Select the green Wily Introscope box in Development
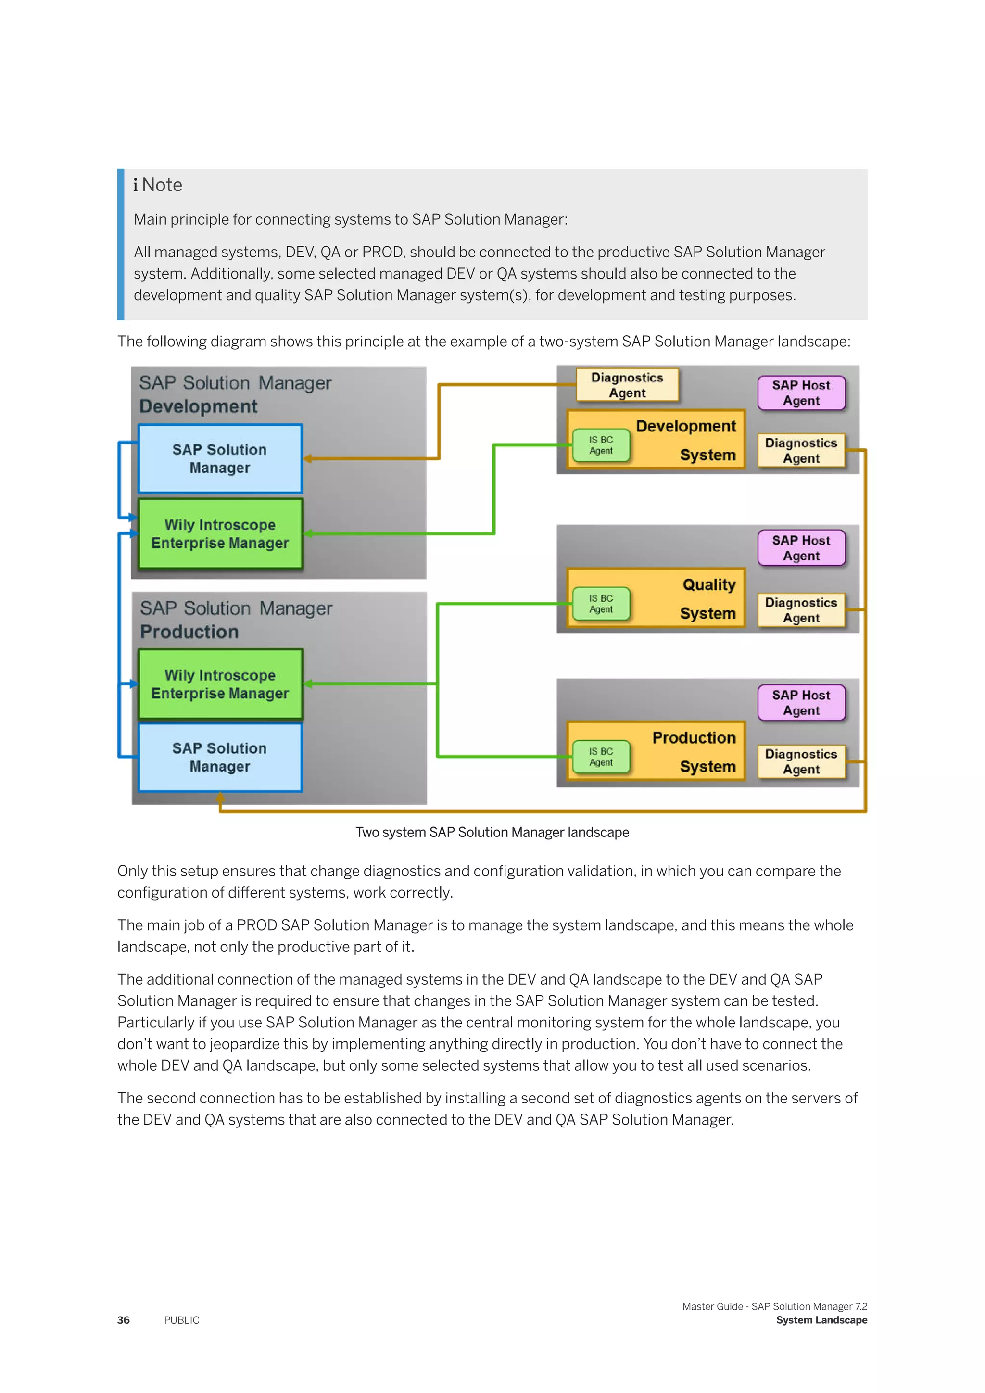coord(220,533)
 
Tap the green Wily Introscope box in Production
coord(220,684)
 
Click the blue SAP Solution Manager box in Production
coord(220,757)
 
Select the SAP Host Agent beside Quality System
coord(801,548)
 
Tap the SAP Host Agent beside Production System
coord(801,703)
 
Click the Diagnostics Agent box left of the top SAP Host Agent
coord(627,385)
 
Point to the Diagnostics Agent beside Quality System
coord(801,610)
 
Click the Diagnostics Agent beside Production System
coord(801,761)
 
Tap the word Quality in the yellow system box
coord(708,584)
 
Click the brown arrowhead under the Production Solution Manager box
coord(220,798)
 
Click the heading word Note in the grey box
coord(162,185)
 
